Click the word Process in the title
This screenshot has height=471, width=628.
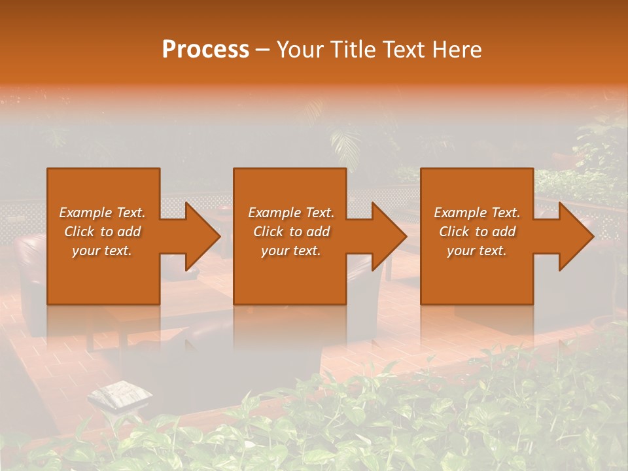tap(205, 50)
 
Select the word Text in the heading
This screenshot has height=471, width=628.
tap(404, 50)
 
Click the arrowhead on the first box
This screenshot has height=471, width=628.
tap(200, 236)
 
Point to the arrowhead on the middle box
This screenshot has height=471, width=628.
tap(387, 236)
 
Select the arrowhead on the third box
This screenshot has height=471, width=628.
tap(574, 236)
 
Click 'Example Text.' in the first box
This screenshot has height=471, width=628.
tap(102, 213)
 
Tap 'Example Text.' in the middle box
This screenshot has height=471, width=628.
tap(291, 213)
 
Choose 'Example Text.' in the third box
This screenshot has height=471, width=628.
tap(477, 213)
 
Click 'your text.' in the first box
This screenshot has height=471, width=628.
tap(102, 251)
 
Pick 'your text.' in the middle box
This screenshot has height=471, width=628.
tap(291, 251)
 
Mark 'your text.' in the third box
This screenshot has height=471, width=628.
tap(477, 251)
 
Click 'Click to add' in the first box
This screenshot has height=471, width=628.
tap(102, 232)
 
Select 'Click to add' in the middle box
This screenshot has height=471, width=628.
tap(291, 232)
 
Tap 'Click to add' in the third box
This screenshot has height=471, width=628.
tap(477, 232)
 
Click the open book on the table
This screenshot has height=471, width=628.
tap(120, 395)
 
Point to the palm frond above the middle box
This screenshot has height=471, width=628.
tap(345, 141)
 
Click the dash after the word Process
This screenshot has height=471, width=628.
tap(263, 50)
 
